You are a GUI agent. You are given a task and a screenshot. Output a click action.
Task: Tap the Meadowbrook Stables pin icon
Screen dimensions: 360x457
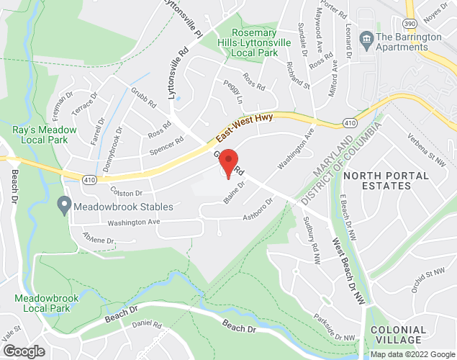point(63,207)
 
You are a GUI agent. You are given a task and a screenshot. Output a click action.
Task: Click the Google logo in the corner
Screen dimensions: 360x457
point(23,351)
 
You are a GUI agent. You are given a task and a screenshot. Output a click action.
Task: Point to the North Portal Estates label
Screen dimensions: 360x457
point(377,180)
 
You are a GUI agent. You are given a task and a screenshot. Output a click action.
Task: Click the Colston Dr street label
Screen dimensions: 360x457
point(127,193)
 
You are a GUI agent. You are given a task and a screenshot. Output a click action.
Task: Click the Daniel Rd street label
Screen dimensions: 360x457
point(148,325)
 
